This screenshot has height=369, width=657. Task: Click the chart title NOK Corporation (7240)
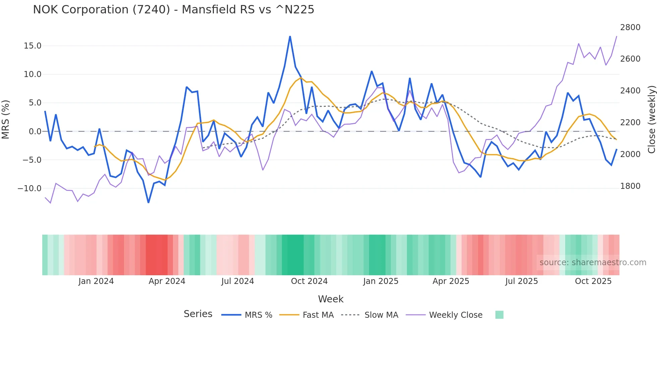point(173,10)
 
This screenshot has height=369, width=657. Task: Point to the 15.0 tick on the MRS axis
point(33,46)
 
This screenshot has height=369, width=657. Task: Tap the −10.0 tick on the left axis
point(29,188)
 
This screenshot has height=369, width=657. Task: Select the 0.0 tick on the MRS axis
point(35,131)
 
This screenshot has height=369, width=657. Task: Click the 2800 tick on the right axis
point(630,27)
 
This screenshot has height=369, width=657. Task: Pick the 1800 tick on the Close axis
point(630,186)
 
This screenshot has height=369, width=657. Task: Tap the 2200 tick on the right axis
point(630,123)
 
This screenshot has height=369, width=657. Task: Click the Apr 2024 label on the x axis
point(167,281)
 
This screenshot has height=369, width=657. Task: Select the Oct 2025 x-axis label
point(593,281)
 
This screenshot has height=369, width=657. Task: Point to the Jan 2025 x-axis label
point(380,281)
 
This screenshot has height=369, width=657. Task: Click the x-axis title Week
point(331,299)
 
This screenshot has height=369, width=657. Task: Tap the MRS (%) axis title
point(6,120)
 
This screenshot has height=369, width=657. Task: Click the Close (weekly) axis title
point(651,120)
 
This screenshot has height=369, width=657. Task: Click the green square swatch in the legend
point(499,315)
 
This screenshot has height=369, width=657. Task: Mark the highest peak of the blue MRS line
point(290,36)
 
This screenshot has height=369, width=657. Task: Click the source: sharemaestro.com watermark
point(593,263)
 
